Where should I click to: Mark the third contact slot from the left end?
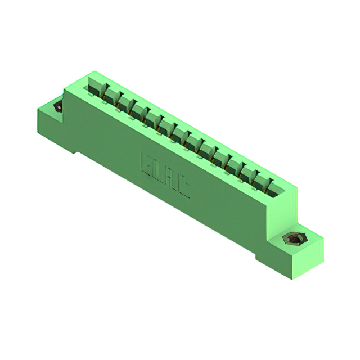[123, 104]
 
